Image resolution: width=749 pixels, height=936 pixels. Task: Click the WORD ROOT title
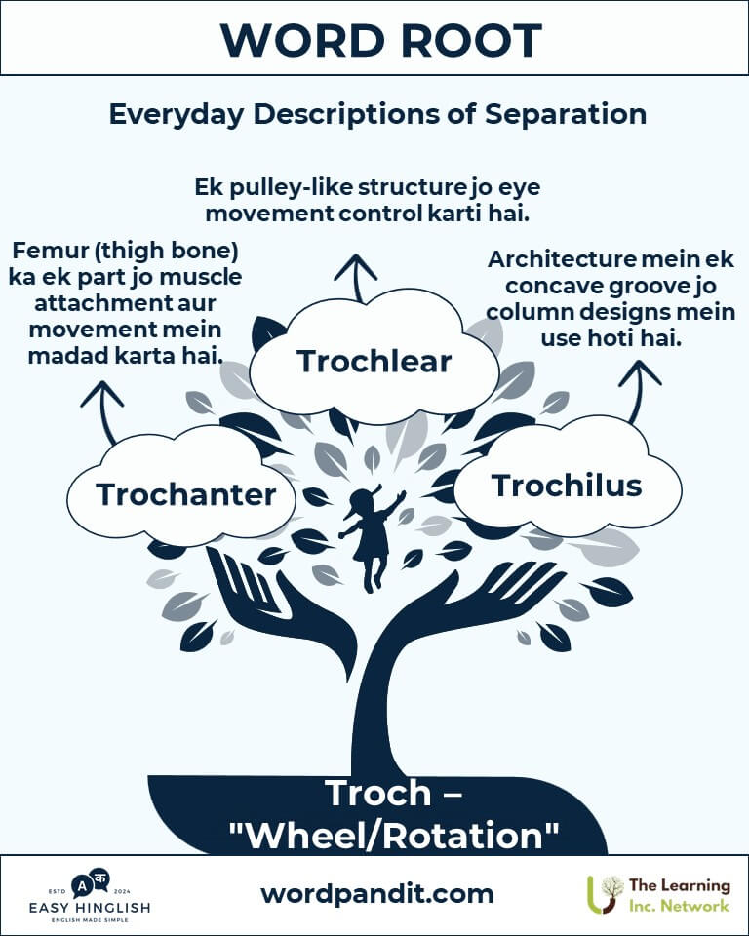point(381,41)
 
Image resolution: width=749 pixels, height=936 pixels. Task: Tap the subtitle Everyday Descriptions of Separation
point(377,114)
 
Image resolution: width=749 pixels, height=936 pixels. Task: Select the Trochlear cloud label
point(374,361)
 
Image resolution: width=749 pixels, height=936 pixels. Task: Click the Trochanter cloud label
point(185,494)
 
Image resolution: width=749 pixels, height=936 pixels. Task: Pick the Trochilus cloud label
point(567,486)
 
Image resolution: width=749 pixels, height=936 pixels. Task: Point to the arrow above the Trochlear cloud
point(357,278)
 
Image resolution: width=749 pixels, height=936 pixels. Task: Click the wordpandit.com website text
point(376,894)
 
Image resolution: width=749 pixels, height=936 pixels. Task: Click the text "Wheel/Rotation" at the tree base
point(394,836)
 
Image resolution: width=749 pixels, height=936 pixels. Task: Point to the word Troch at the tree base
point(378,793)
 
